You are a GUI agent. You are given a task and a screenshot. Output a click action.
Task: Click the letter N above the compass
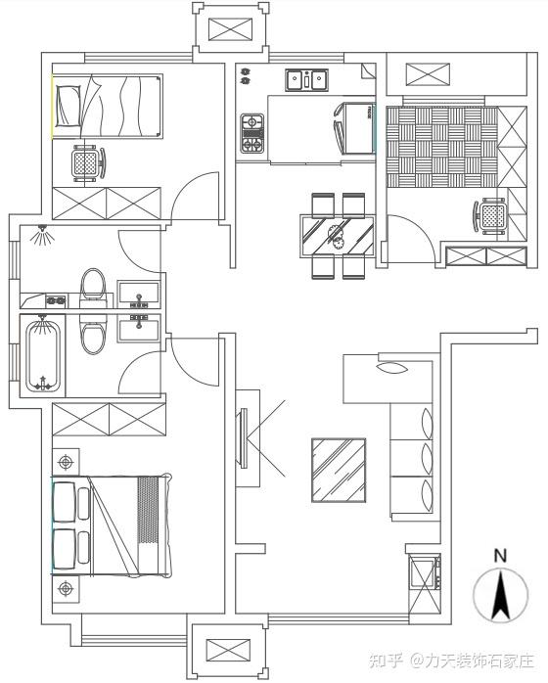[x=500, y=556]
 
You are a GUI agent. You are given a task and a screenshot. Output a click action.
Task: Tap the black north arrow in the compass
[x=501, y=597]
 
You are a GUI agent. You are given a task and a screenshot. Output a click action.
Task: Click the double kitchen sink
[x=307, y=79]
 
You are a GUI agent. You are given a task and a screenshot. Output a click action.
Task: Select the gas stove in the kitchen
[x=252, y=133]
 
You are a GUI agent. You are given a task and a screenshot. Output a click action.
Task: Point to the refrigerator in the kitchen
[x=355, y=129]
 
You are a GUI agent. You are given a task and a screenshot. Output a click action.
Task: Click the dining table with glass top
[x=338, y=236]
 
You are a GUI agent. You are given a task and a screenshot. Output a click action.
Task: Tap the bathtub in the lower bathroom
[x=42, y=356]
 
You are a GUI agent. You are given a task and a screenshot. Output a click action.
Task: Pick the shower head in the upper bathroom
[x=42, y=234]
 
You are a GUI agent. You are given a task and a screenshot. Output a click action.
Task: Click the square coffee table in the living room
[x=339, y=471]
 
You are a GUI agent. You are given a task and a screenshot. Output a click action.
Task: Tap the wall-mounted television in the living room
[x=244, y=437]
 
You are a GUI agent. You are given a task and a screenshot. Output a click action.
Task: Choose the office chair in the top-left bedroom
[x=89, y=163]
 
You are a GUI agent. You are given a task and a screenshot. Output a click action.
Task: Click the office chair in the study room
[x=490, y=215]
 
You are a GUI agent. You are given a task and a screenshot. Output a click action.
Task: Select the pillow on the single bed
[x=68, y=106]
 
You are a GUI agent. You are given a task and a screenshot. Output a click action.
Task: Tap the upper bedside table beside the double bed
[x=66, y=462]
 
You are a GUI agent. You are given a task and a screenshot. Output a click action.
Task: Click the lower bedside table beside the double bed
[x=66, y=589]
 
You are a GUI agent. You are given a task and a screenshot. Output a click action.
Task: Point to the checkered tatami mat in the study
[x=442, y=147]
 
